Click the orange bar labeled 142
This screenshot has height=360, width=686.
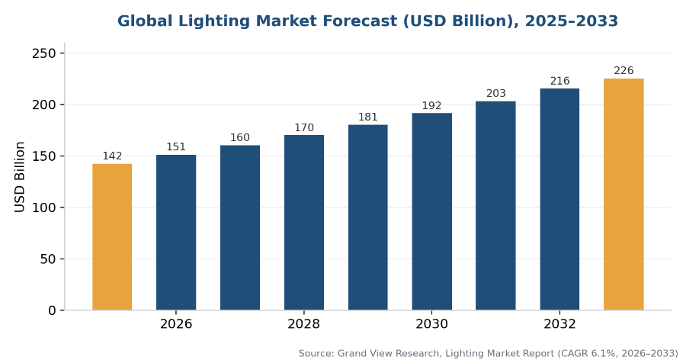pos(112,237)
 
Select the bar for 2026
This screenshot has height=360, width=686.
pos(176,233)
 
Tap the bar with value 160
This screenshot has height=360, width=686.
pos(240,228)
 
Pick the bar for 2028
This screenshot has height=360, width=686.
pos(304,223)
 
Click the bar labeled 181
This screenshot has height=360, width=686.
pos(368,217)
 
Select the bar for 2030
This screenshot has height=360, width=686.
pos(432,211)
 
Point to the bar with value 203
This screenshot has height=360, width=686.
pos(495,206)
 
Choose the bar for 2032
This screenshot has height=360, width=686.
pos(559,199)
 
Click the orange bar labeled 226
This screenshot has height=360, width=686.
pos(623,194)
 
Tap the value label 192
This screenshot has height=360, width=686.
pos(432,105)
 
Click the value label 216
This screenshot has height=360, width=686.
pos(559,81)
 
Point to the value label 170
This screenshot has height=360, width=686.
pos(304,127)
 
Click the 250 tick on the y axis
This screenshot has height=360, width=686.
pos(44,53)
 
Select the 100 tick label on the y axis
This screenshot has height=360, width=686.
pos(44,207)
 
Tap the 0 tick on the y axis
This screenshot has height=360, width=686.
pos(53,310)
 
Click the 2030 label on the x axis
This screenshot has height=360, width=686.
pos(432,324)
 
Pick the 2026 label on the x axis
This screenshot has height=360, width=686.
pos(176,324)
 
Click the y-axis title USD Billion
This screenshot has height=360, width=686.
pos(20,178)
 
